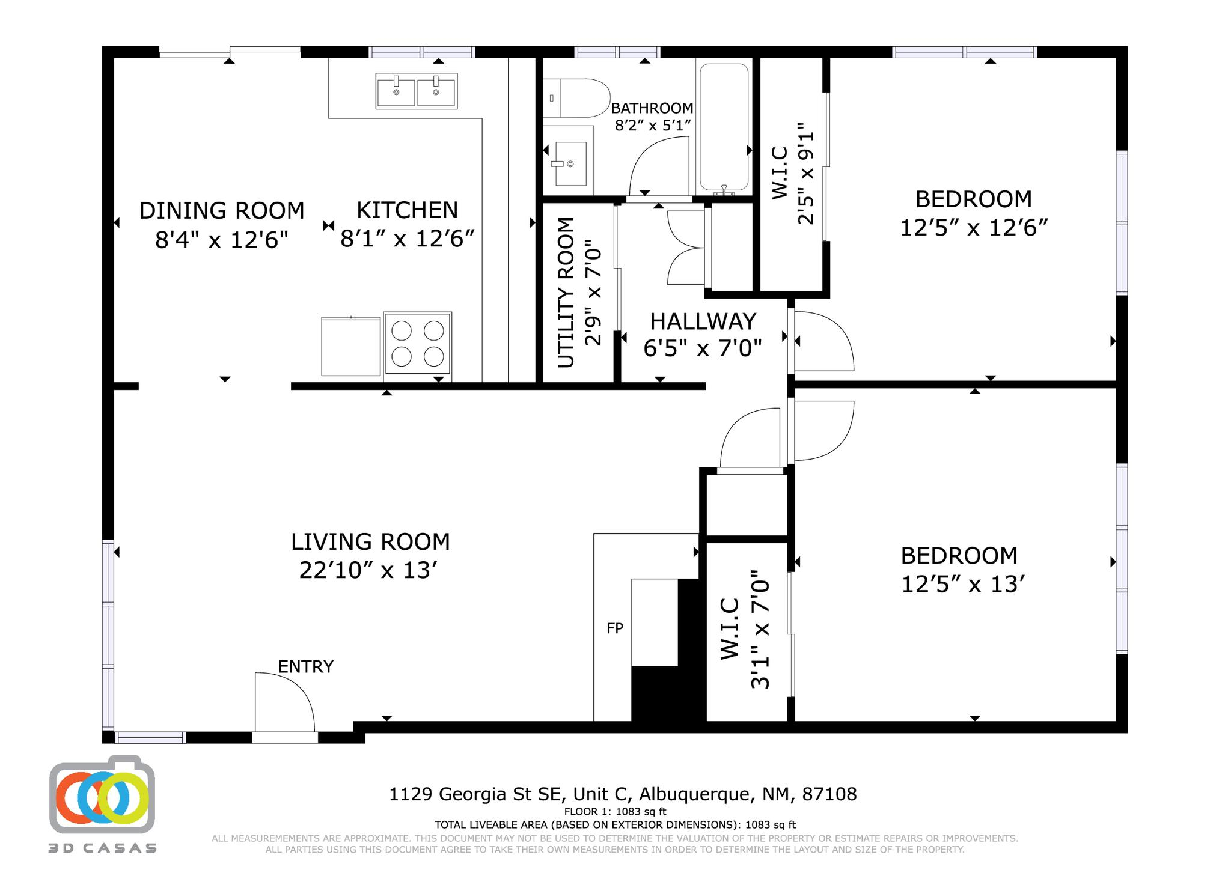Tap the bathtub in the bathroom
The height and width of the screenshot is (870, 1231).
724,127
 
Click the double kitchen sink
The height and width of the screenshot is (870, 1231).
417,91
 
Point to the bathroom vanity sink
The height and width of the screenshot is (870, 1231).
569,163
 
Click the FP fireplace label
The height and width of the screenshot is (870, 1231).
615,628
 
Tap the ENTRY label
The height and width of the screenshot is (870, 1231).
305,667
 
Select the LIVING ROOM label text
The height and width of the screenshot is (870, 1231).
370,542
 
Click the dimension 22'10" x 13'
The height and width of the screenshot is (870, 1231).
367,570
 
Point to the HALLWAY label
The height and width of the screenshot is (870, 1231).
703,322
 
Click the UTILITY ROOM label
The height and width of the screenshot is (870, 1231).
566,293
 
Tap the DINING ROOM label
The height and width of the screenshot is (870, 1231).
222,211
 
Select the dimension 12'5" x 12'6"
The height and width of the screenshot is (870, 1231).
974,228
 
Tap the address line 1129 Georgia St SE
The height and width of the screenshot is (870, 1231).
623,794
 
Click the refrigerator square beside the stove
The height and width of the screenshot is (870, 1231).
351,347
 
